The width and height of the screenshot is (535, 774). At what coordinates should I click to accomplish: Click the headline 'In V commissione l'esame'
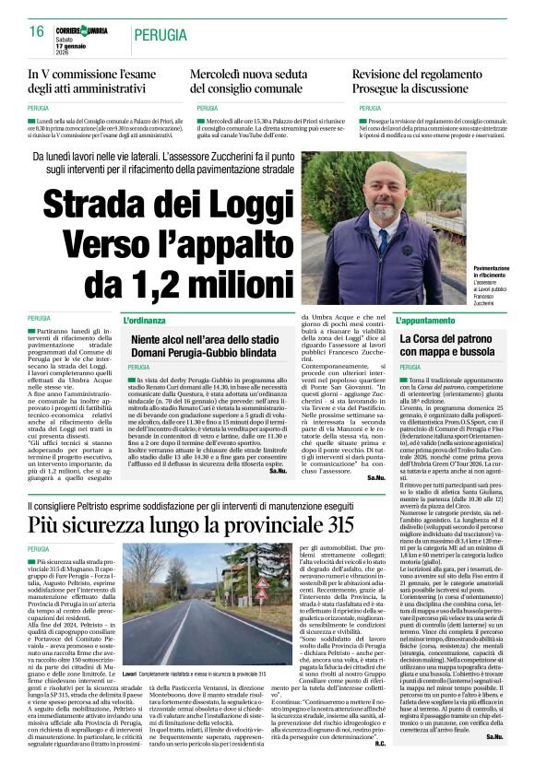pyautogui.click(x=93, y=74)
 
